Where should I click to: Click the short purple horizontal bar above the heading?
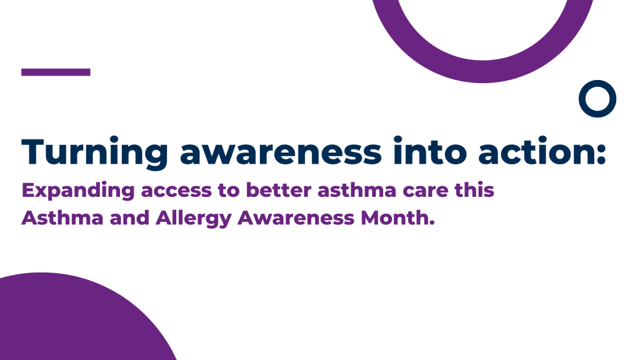[56, 72]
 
